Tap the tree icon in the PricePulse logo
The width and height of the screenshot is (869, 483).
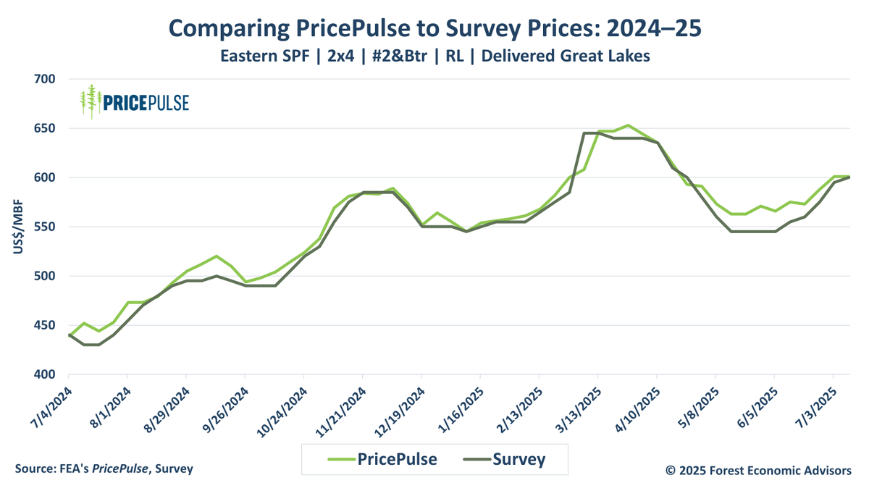coord(91,101)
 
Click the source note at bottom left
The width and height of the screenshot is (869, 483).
coord(104,469)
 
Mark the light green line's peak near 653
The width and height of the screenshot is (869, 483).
coord(628,125)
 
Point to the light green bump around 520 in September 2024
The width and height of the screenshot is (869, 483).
coord(217,256)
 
